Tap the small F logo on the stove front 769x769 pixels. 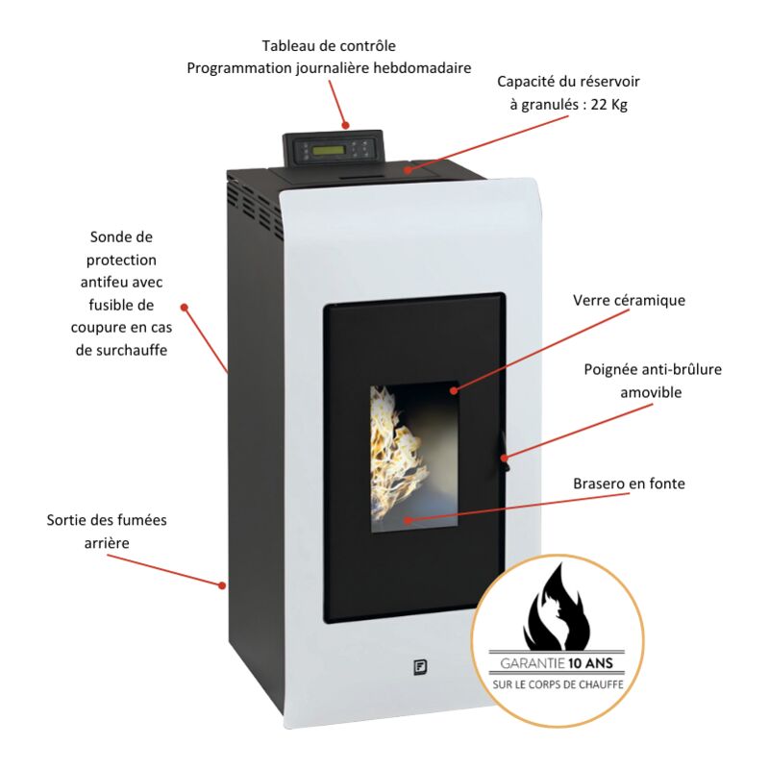pos(420,667)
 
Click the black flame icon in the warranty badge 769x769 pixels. pos(558,607)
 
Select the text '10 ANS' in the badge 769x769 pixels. pos(590,663)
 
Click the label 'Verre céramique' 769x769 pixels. pos(629,300)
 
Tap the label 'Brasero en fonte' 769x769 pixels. pos(629,484)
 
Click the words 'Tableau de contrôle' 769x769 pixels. pos(329,45)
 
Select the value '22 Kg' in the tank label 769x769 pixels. pos(609,104)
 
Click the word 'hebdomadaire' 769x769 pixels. pos(422,67)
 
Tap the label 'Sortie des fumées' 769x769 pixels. pos(107,520)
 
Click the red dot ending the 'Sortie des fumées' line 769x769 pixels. pos(222,585)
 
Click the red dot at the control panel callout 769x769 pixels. pos(346,125)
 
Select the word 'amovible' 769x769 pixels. pos(651,392)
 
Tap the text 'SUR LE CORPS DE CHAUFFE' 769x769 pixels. pos(558,684)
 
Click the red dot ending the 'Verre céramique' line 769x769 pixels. pos(454,390)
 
